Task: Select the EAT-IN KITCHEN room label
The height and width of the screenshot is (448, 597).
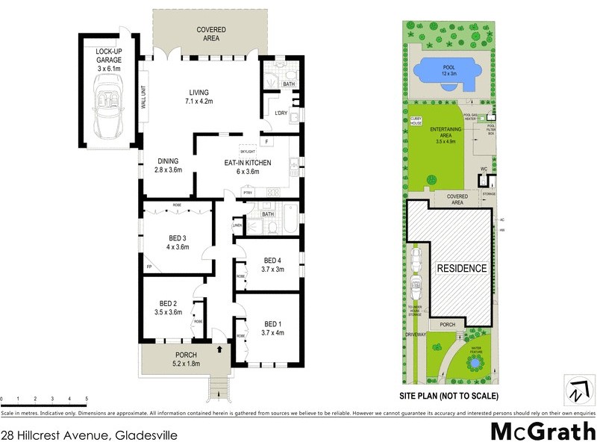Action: point(247,167)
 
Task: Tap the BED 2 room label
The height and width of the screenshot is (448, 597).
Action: point(170,308)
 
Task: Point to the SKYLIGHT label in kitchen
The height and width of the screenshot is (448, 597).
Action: point(248,152)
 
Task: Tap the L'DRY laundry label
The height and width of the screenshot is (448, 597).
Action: point(281,113)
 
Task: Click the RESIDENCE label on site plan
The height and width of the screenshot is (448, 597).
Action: point(461,268)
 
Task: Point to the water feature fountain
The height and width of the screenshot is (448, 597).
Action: point(472,364)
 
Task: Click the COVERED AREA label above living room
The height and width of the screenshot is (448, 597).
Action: point(211,33)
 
